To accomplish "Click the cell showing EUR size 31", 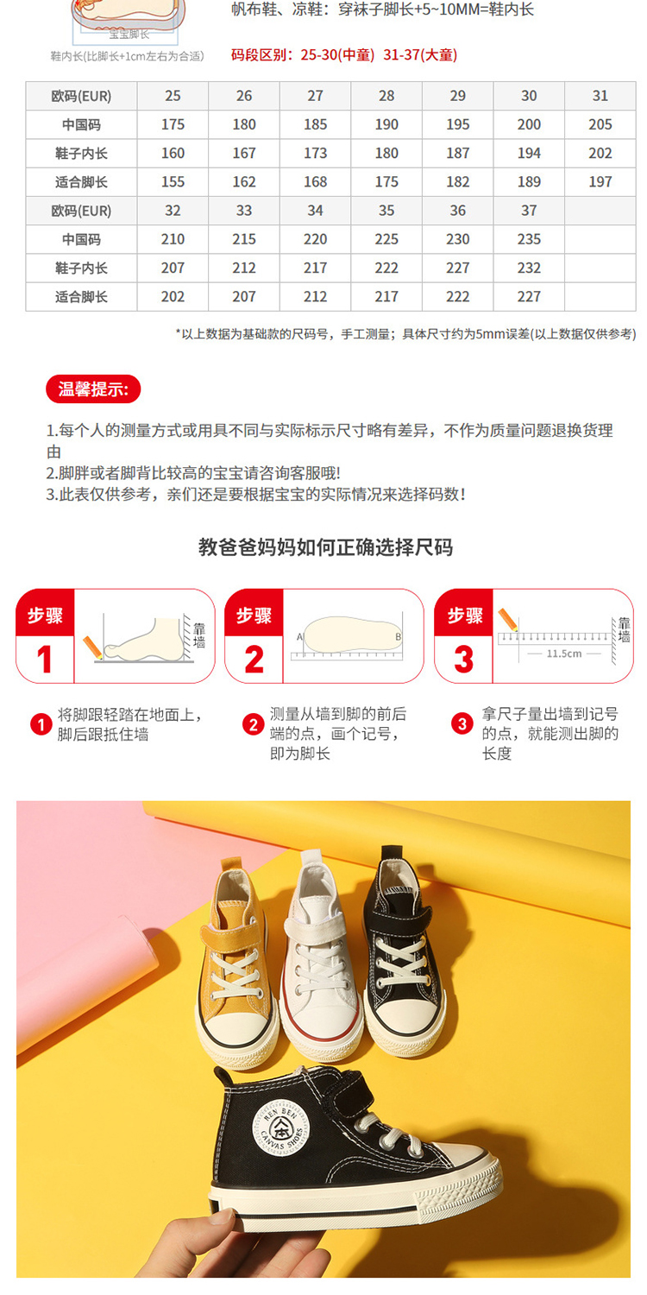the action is tap(600, 96).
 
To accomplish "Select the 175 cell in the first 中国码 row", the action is tap(173, 124).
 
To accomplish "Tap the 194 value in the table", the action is tap(529, 153).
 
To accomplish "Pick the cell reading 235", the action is tap(529, 239).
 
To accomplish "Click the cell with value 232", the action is tap(529, 268).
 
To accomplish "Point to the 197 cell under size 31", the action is tap(600, 182).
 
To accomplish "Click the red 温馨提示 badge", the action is tap(93, 389).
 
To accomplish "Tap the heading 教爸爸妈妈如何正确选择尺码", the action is tap(325, 546).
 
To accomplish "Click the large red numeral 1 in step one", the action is tap(45, 660).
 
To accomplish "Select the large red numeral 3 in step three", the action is tap(463, 660).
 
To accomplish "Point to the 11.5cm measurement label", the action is tap(564, 654).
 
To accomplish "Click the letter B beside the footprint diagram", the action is tap(398, 637).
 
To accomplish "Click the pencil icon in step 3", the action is tap(509, 620).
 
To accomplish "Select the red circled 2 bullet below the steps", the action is tap(253, 723).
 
